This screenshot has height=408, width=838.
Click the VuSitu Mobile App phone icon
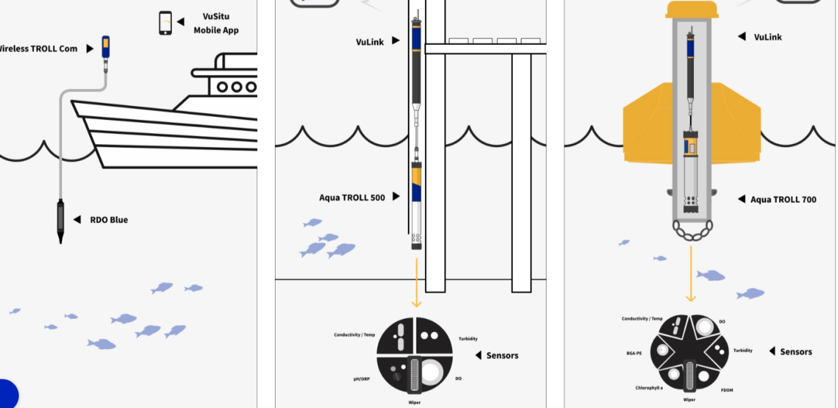[165, 22]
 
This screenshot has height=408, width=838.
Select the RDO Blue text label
[109, 220]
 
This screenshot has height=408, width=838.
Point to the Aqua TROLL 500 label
[352, 197]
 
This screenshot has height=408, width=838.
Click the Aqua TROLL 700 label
[783, 199]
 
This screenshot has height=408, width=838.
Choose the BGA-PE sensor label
[634, 353]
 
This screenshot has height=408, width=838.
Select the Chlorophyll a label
[649, 388]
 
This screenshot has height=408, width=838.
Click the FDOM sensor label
[727, 390]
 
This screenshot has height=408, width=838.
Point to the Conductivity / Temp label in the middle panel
[354, 335]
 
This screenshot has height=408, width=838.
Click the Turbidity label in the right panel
[743, 351]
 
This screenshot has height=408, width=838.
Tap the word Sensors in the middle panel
[502, 356]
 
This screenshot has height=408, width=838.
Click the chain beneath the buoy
[691, 230]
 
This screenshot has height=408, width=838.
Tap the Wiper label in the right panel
[689, 400]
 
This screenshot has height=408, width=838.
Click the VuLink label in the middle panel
[370, 42]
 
